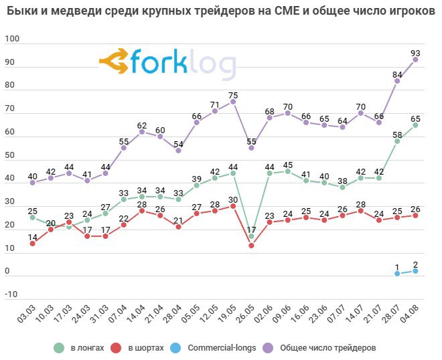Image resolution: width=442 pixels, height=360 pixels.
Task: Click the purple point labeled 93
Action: pyautogui.click(x=415, y=60)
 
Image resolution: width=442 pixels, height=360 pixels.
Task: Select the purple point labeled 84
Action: pyautogui.click(x=397, y=81)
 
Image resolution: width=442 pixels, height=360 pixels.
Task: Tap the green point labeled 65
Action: pyautogui.click(x=415, y=125)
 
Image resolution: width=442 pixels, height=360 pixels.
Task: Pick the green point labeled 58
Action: pyautogui.click(x=397, y=141)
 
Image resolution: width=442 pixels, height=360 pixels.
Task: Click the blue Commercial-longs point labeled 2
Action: pyautogui.click(x=415, y=271)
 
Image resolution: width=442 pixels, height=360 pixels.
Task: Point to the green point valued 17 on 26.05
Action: pyautogui.click(x=251, y=236)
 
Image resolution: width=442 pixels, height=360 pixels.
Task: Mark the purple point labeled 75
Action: pyautogui.click(x=233, y=102)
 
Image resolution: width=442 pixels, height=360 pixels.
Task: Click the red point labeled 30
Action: pyautogui.click(x=233, y=206)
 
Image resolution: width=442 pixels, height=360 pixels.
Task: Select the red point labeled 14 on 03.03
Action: pyautogui.click(x=32, y=244)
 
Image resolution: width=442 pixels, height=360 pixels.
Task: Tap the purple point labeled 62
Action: pyautogui.click(x=141, y=132)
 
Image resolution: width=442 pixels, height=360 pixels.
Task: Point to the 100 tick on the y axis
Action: pyautogui.click(x=13, y=41)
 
